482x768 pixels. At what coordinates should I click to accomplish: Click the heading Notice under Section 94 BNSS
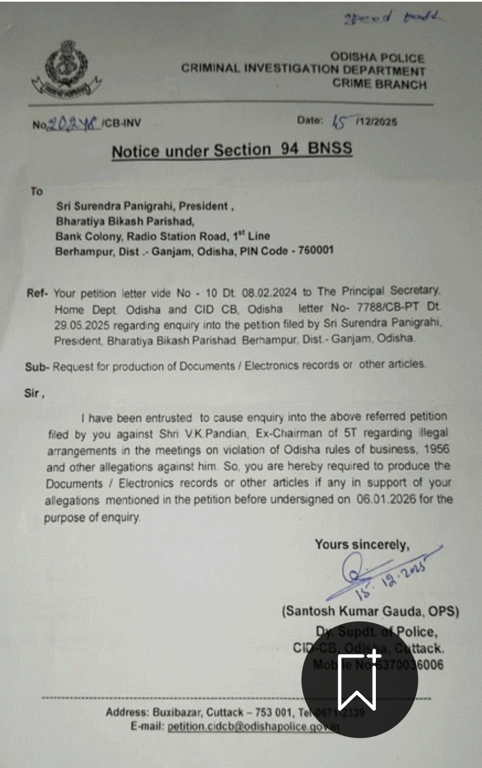click(232, 150)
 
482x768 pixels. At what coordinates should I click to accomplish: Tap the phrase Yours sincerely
click(362, 545)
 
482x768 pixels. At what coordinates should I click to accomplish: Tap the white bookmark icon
click(359, 680)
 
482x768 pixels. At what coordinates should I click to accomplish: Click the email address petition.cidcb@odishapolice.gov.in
click(253, 726)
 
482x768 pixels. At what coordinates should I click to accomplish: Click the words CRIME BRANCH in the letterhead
click(379, 84)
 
